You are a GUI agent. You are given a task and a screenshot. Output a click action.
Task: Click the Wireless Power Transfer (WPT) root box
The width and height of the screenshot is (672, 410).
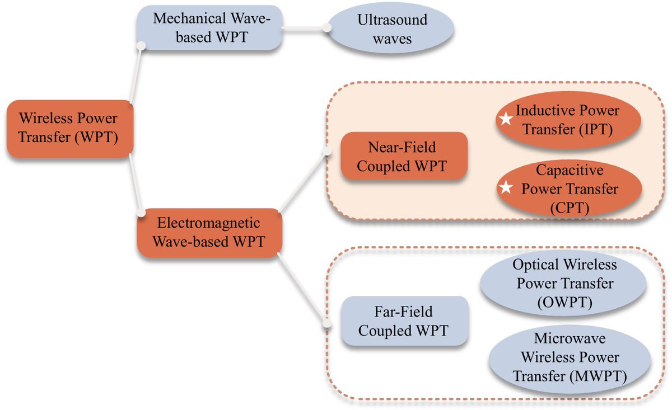(x=68, y=128)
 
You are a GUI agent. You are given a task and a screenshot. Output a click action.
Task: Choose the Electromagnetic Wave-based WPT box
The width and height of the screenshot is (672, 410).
(x=208, y=233)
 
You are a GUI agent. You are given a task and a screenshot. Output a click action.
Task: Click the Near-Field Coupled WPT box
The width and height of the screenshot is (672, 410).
(x=403, y=157)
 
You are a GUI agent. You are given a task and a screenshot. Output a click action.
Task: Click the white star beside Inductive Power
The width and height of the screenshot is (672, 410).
(x=506, y=119)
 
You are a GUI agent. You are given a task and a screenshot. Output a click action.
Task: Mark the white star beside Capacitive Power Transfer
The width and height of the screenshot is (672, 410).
(x=506, y=188)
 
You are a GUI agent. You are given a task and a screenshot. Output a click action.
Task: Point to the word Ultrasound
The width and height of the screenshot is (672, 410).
(x=392, y=20)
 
